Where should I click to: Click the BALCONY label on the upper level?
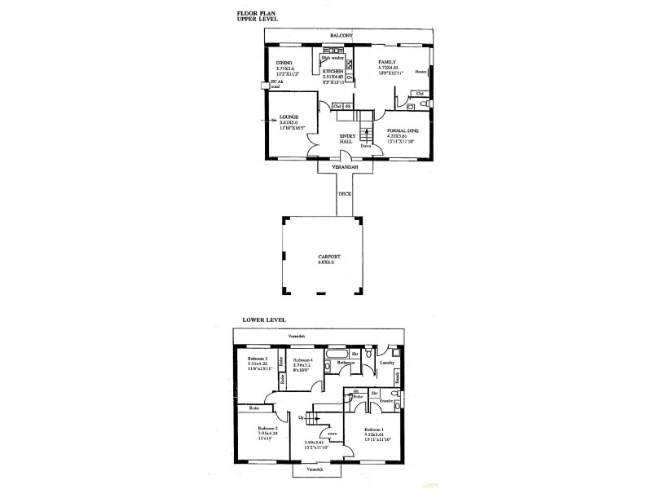coord(341,37)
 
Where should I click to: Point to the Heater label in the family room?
coord(421,72)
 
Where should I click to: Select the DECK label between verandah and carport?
coord(345,194)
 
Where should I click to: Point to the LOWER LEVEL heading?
coord(258,319)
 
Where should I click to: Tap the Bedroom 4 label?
coord(302,359)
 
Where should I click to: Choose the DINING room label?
coord(284,62)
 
